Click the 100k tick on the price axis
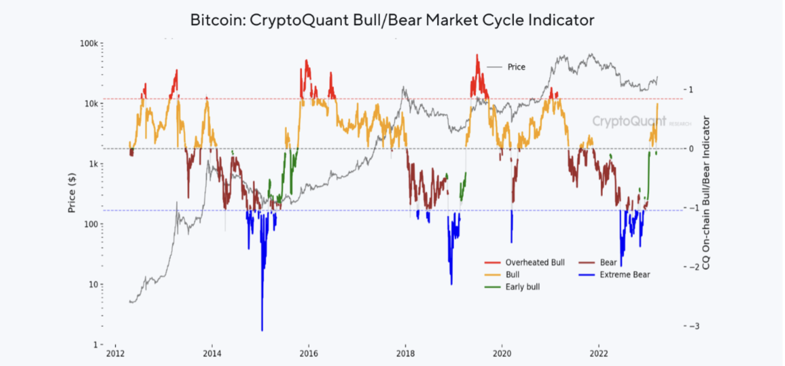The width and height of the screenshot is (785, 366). (89, 44)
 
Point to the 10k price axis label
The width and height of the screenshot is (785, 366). (91, 104)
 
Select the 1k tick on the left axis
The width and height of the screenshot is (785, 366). (93, 164)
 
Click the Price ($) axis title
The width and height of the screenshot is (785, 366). (72, 193)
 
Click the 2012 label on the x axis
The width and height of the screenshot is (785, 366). (115, 354)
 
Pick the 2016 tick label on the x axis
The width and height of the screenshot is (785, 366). (309, 354)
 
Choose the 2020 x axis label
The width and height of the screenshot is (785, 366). (502, 354)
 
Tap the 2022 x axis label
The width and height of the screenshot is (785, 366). (599, 354)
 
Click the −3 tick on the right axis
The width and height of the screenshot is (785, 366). (694, 326)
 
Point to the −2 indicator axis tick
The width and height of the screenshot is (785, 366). (694, 267)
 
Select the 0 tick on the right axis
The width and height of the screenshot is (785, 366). (691, 149)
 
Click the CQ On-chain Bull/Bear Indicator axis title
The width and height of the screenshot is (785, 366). (706, 193)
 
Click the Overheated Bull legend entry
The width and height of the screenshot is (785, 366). (535, 262)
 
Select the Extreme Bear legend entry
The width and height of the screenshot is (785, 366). (625, 275)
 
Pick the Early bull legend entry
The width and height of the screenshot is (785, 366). (522, 287)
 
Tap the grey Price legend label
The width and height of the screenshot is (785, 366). (516, 67)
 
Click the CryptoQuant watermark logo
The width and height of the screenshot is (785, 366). (629, 121)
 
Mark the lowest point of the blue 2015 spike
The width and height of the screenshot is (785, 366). (262, 330)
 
